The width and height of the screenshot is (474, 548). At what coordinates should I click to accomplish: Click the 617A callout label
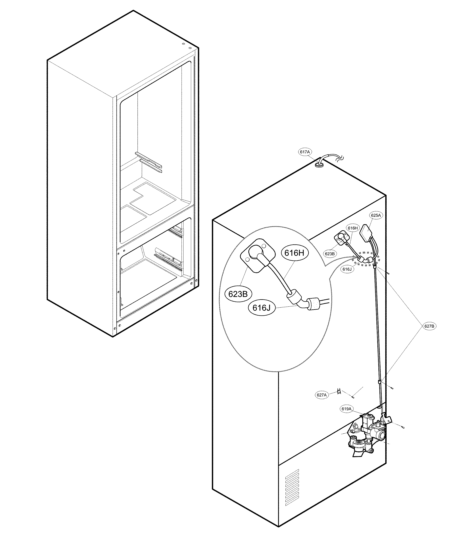click(305, 152)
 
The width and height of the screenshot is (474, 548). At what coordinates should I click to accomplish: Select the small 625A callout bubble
click(376, 215)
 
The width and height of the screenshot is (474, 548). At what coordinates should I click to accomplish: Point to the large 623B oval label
click(238, 294)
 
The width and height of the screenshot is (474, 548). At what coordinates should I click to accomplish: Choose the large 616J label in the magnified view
click(261, 308)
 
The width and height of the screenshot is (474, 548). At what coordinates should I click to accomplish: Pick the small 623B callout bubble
click(330, 254)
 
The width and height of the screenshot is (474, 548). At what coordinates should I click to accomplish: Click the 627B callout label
click(429, 326)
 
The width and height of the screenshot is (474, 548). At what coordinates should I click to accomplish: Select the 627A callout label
click(322, 403)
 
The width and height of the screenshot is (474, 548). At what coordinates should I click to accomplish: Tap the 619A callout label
click(346, 416)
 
